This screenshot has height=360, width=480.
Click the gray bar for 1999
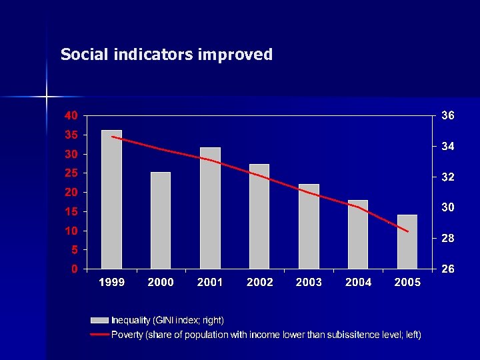(x=111, y=199)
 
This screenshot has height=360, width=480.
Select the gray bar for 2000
(x=161, y=221)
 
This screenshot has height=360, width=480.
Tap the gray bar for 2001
(x=210, y=208)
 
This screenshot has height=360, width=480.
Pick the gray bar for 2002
(x=259, y=217)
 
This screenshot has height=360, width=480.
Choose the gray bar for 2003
(x=309, y=227)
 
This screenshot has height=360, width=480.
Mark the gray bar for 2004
(x=358, y=235)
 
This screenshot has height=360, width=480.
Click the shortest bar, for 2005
(x=407, y=242)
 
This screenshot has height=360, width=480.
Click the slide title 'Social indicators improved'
(x=167, y=55)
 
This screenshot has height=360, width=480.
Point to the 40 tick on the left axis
(x=70, y=115)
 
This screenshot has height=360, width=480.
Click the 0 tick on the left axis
(x=74, y=269)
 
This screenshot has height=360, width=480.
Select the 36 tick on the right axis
(x=448, y=115)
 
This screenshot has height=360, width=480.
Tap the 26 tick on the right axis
(x=448, y=269)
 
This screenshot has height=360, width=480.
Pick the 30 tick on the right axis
(x=448, y=207)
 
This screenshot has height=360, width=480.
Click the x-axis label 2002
(x=259, y=283)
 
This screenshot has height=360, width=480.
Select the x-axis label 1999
(x=111, y=283)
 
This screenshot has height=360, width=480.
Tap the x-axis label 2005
(x=407, y=283)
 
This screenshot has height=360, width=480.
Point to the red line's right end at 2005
(x=407, y=231)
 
